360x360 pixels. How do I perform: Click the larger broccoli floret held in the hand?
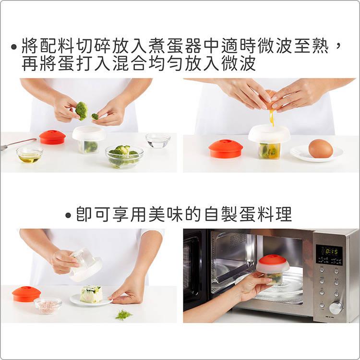pos(81,110)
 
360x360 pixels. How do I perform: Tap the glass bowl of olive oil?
pos(29,155)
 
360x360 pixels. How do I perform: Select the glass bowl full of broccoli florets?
pos(124,156)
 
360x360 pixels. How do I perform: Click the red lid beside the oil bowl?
pos(52,137)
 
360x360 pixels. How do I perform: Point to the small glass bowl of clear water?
pos(158,141)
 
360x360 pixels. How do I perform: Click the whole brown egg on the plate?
pos(321,149)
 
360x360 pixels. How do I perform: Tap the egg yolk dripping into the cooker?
pos(272,117)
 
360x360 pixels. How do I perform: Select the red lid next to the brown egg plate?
pos(226,149)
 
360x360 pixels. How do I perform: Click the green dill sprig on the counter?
pos(123,314)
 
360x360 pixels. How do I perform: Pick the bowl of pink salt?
pos(48,305)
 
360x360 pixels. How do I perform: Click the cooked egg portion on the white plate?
pos(91,294)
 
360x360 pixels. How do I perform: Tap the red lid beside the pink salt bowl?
pos(26,293)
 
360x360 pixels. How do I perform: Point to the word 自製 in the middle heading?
pos(219,215)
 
